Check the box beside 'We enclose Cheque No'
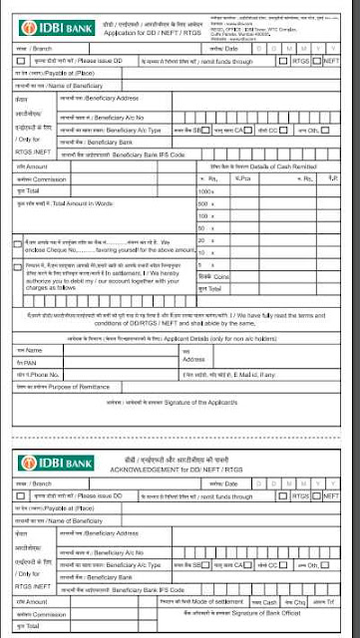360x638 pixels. click(x=18, y=243)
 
